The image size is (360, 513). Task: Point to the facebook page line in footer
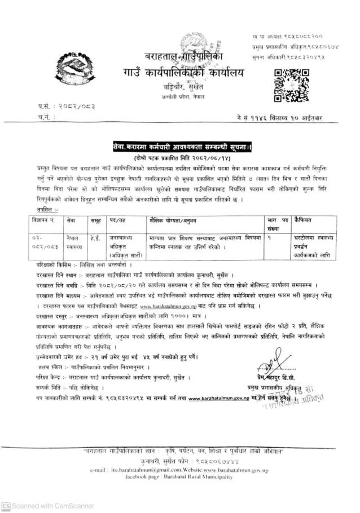click(179, 476)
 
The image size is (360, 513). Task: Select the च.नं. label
click(45, 116)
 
